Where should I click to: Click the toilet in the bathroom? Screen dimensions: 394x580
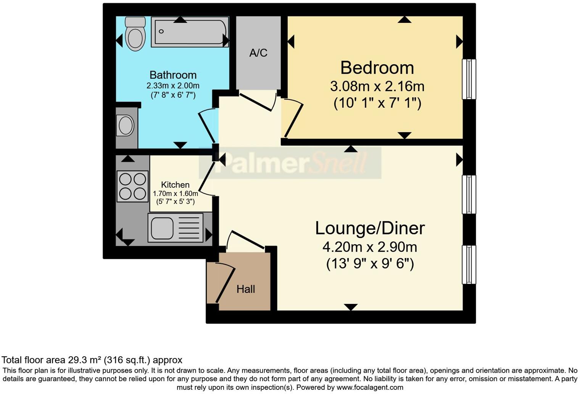(x=135, y=34)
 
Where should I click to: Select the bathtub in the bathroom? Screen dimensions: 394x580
(x=190, y=32)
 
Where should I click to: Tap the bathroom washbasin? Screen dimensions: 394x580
(x=126, y=126)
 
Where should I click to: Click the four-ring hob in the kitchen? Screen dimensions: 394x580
(x=132, y=186)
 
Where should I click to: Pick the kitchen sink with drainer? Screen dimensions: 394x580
(x=176, y=228)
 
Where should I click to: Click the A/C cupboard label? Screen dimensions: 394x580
(x=258, y=53)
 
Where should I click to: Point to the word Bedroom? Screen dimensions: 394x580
(x=377, y=68)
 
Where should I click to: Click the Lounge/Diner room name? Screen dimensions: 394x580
(x=370, y=228)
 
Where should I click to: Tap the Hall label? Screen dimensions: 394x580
(x=246, y=289)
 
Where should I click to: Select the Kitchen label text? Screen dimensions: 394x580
(x=175, y=185)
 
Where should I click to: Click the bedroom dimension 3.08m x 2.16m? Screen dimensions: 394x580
(x=377, y=86)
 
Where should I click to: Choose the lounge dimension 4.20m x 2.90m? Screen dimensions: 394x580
(x=370, y=247)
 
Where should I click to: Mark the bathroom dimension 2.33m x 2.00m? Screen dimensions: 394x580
(x=173, y=86)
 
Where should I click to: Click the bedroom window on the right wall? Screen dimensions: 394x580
(x=469, y=79)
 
